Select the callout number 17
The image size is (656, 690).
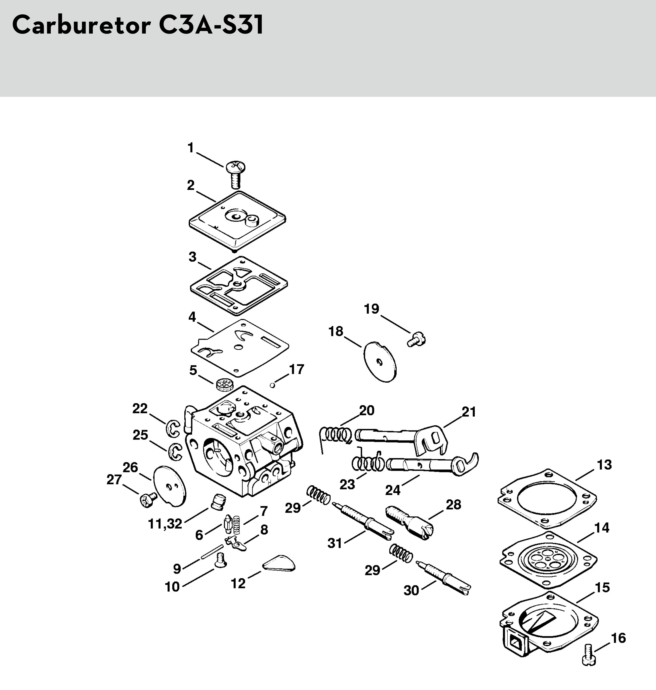297,369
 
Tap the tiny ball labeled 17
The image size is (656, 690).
272,385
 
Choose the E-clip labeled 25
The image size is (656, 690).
175,451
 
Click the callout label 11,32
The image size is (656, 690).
165,524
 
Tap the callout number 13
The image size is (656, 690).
604,465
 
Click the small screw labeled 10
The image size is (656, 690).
220,561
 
